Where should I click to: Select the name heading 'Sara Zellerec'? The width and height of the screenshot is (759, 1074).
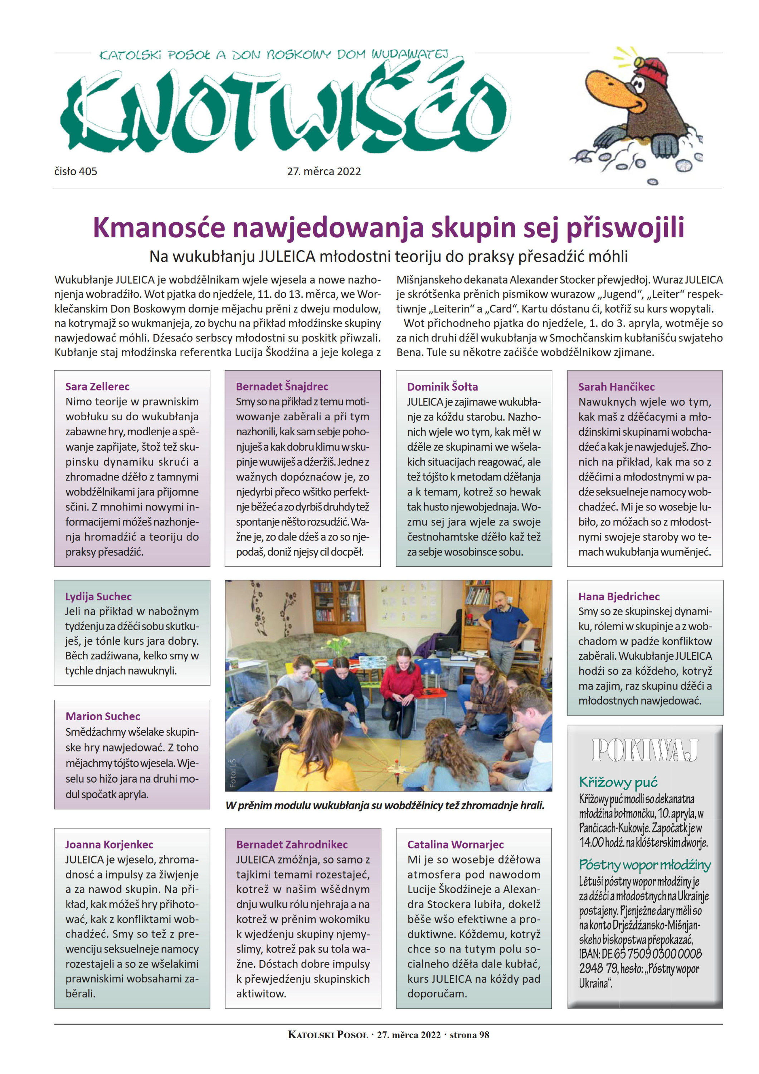click(97, 386)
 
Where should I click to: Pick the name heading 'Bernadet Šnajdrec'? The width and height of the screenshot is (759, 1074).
click(282, 386)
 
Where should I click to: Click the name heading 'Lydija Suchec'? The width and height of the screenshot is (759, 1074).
click(98, 596)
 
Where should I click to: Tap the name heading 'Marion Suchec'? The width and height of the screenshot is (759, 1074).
click(102, 716)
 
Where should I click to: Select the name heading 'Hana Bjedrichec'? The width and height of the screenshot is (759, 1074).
click(619, 596)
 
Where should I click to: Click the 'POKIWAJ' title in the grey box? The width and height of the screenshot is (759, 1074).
click(645, 750)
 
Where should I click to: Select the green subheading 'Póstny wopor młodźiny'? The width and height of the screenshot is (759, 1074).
click(644, 865)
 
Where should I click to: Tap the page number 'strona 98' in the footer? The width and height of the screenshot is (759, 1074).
click(469, 1035)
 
